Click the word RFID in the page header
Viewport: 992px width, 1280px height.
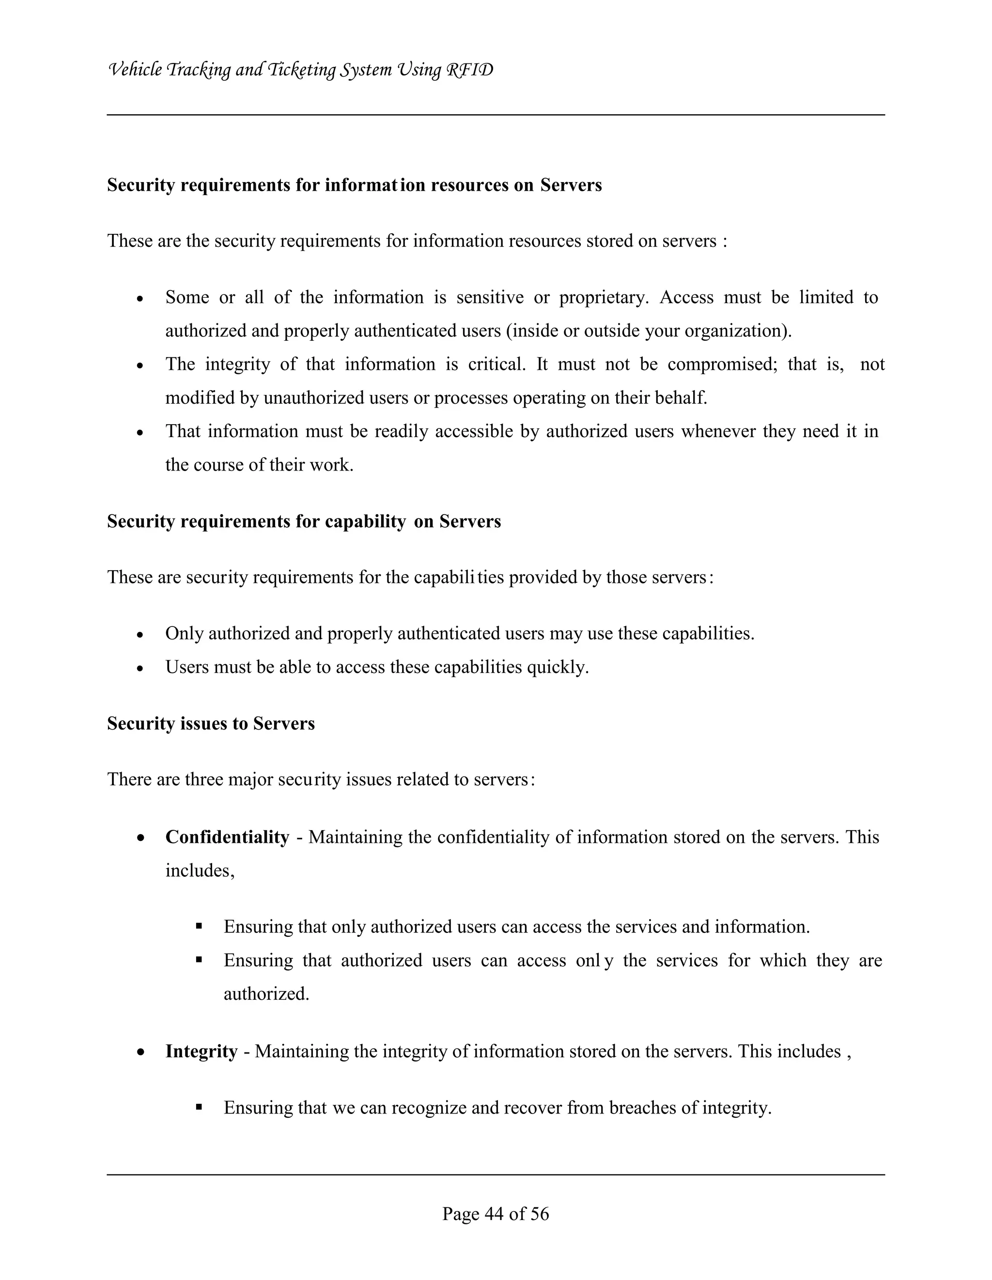click(470, 70)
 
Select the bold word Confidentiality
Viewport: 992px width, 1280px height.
click(227, 837)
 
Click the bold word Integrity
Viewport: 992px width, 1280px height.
click(201, 1051)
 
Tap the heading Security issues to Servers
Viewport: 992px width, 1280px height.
click(211, 723)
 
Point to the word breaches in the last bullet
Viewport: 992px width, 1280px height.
click(642, 1108)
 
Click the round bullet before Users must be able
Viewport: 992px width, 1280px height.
click(139, 668)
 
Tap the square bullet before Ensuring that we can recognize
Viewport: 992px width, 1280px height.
click(199, 1107)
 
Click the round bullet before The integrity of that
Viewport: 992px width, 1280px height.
click(139, 366)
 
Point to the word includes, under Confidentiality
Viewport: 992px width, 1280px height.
click(200, 870)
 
